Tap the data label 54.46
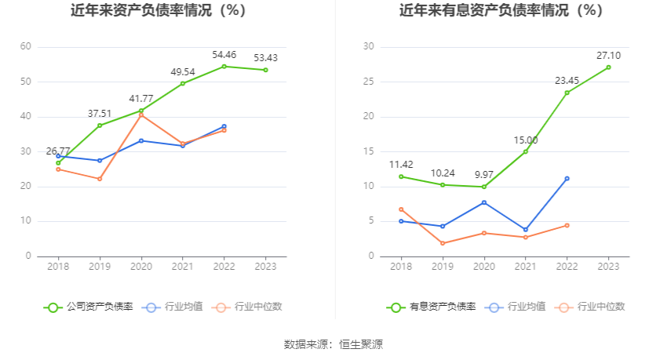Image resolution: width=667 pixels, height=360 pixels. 224,54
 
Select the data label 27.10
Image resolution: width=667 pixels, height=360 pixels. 608,56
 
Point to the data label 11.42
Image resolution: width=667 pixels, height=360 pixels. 401,165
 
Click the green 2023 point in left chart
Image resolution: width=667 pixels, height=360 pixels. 265,70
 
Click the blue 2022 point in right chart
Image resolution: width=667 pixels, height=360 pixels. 567,178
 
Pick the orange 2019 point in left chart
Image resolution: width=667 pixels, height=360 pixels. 100,179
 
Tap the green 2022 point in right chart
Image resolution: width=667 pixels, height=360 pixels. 567,93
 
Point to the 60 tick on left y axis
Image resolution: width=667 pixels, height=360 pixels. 26,47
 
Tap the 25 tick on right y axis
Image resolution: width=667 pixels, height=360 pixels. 368,82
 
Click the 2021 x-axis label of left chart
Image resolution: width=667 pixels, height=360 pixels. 182,266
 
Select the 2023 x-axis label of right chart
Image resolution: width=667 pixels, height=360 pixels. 608,266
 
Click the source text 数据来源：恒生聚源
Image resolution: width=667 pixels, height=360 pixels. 333,344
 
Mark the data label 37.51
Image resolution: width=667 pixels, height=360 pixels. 100,113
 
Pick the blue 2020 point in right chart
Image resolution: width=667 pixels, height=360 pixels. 484,202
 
